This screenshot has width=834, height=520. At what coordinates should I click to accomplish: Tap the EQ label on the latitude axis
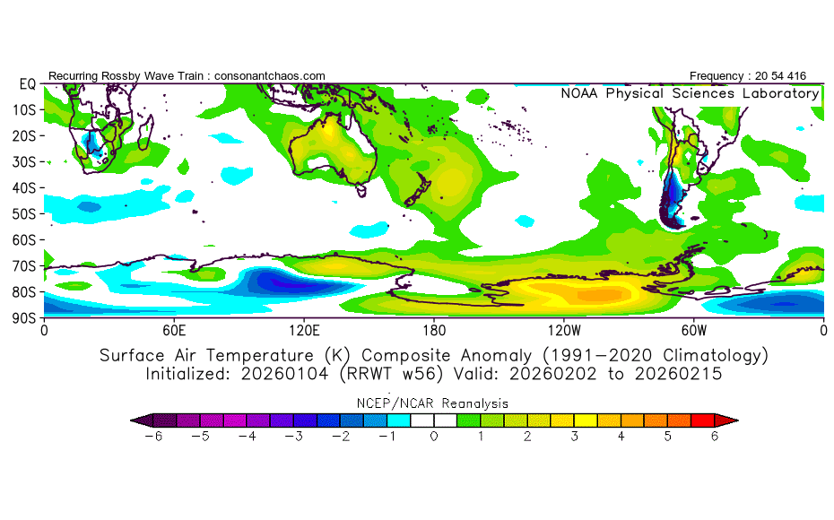point(25,83)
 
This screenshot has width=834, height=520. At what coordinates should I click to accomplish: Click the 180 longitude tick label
point(434,330)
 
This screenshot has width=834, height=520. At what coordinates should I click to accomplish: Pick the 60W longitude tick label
point(694,330)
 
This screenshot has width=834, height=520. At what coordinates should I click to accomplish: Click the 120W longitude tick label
point(564,330)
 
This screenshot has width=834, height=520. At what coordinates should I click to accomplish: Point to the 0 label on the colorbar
point(434,436)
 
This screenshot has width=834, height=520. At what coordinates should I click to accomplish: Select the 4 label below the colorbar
point(621,436)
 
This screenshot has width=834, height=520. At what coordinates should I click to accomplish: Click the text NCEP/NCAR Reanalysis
point(434,403)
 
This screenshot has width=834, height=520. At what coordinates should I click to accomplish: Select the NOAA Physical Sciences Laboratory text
point(690,93)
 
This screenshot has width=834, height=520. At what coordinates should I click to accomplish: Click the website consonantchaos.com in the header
point(270,75)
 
